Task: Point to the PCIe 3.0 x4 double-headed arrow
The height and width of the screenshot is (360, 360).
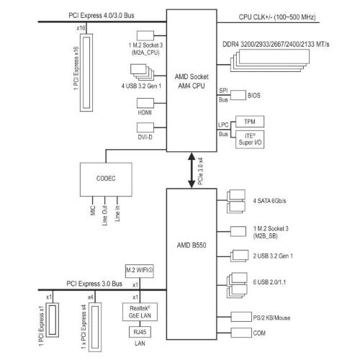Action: (x=192, y=170)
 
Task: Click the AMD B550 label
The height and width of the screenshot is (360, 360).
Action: (x=192, y=246)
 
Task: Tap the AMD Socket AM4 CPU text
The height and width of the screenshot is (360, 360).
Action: (x=192, y=81)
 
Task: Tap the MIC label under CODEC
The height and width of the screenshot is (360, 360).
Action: (x=93, y=210)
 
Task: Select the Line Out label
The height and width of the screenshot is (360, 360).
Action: (x=105, y=215)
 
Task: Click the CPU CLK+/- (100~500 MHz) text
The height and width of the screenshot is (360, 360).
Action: (x=277, y=17)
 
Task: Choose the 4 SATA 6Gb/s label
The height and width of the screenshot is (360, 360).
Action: (x=269, y=201)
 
